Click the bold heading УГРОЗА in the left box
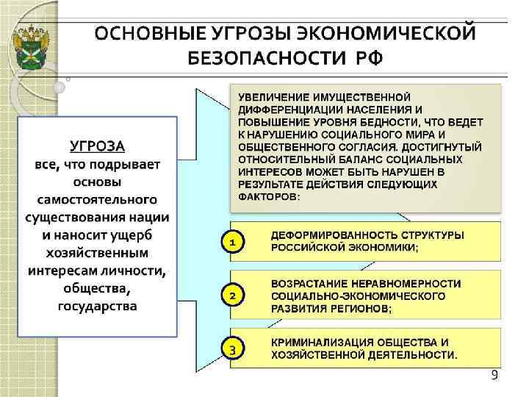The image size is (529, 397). coord(98,145)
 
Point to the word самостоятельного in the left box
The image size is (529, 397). coord(98,199)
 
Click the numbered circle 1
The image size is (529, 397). coord(232,241)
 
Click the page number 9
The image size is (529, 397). coord(494,376)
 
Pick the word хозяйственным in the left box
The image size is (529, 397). coord(98,252)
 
